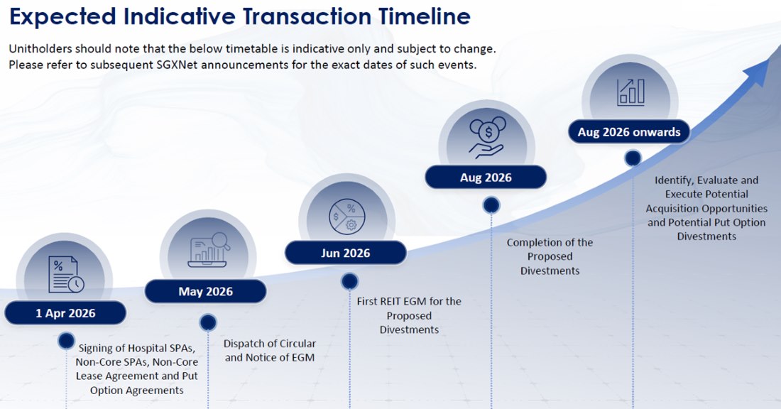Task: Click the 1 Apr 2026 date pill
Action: (x=65, y=313)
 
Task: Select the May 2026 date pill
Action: (x=205, y=291)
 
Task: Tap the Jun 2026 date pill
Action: (x=345, y=253)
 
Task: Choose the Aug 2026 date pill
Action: (x=486, y=178)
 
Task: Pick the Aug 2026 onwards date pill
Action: (x=629, y=131)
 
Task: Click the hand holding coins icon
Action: (x=486, y=138)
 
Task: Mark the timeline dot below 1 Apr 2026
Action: (x=67, y=340)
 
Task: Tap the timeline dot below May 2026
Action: (x=208, y=323)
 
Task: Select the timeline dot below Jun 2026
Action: (x=349, y=282)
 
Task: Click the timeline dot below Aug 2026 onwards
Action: (x=633, y=158)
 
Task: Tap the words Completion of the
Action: (x=550, y=242)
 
